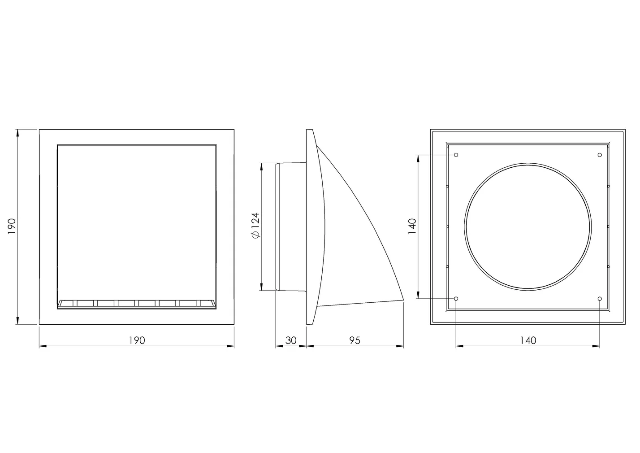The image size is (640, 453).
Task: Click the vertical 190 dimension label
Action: [x=12, y=226]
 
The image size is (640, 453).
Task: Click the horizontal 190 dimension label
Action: [x=137, y=340]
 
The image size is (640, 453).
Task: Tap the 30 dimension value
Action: [x=291, y=340]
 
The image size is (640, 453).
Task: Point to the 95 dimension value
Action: [x=355, y=340]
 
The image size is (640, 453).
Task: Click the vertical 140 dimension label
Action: [x=412, y=226]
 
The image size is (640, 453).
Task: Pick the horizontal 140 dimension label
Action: [x=528, y=340]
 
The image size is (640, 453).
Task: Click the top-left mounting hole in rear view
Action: [x=456, y=155]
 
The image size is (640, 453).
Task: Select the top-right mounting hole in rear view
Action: [x=600, y=155]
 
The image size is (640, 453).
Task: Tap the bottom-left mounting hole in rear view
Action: [x=456, y=299]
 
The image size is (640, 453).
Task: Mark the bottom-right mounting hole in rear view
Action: [x=600, y=299]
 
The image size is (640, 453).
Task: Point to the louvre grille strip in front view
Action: [x=137, y=304]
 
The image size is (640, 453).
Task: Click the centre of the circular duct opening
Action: [x=528, y=226]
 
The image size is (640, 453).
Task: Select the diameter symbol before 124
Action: [x=255, y=235]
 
